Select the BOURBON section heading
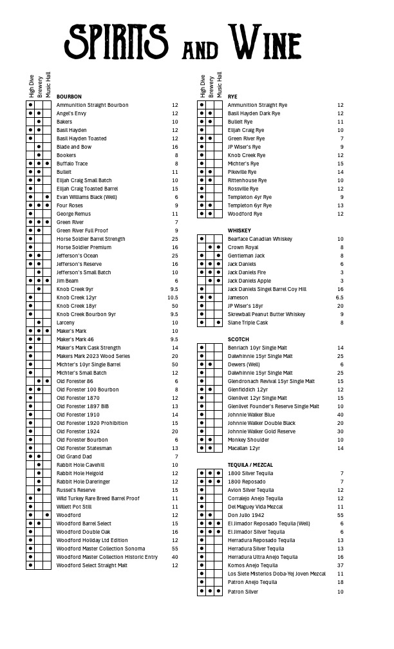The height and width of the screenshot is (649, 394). (x=69, y=97)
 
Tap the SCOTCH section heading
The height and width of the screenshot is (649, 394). (x=239, y=339)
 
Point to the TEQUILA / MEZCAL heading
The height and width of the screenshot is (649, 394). (x=250, y=465)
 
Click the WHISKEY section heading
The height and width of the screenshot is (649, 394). (x=239, y=230)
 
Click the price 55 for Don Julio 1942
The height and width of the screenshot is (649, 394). (x=340, y=515)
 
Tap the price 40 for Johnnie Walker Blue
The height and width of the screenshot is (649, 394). (x=340, y=415)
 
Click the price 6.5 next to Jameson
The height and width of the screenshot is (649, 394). (x=339, y=297)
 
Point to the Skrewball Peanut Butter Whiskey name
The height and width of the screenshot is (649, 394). (x=267, y=314)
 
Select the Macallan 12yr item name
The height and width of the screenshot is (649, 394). (x=244, y=448)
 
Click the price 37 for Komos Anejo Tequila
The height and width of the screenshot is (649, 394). (x=340, y=565)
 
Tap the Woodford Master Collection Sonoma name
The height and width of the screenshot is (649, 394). (x=100, y=549)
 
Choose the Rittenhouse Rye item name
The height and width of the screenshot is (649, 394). (x=247, y=180)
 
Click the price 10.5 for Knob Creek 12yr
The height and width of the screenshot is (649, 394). (x=173, y=297)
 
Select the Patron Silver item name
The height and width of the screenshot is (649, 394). (x=243, y=591)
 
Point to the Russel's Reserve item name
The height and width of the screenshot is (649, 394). (x=76, y=490)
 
